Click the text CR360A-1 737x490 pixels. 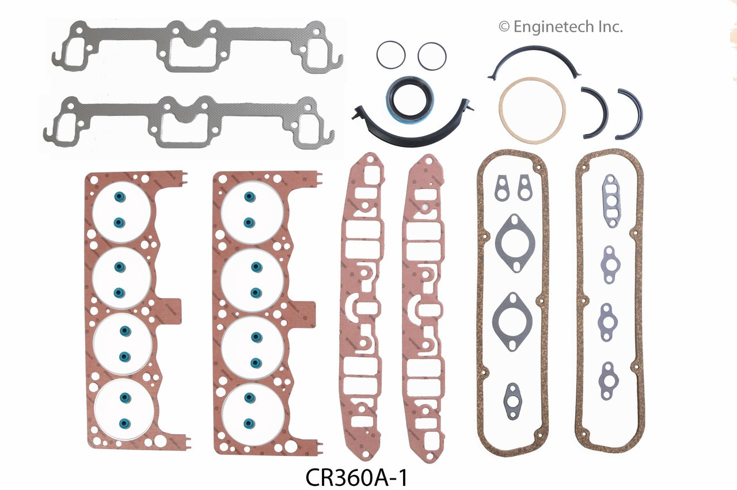tap(356, 478)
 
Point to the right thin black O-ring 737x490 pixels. tap(432, 56)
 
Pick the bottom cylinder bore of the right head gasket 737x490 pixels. tap(252, 411)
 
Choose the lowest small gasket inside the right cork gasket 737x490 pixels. tap(609, 380)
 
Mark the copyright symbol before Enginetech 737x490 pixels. tap(504, 27)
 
